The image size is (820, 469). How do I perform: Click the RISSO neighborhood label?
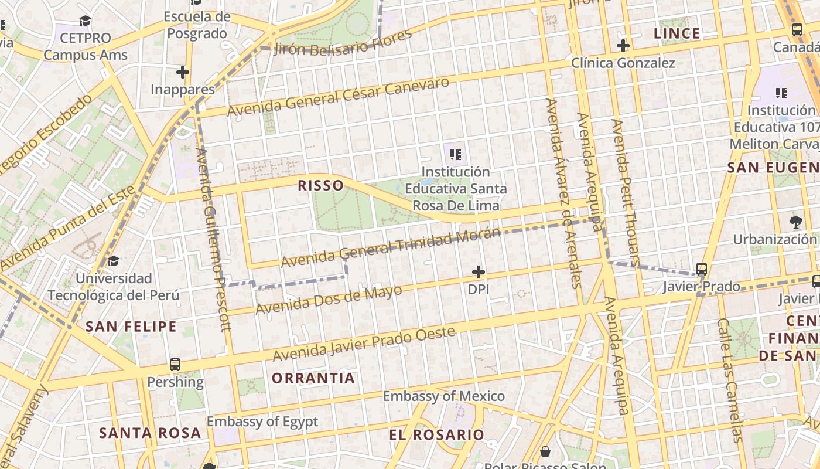click(320, 186)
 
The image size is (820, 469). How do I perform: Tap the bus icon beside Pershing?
click(175, 365)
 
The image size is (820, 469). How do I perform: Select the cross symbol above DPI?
click(479, 272)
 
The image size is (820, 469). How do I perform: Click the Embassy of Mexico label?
click(443, 396)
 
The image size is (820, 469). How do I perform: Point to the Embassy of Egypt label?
click(262, 422)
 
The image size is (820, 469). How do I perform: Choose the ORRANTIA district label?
click(313, 378)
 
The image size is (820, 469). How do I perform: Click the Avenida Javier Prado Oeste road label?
click(364, 344)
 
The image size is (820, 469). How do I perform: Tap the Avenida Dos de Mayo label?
click(329, 300)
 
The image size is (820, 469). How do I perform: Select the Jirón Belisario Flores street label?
click(343, 42)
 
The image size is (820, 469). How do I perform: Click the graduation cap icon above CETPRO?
click(86, 21)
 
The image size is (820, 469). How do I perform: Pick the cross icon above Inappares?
click(183, 72)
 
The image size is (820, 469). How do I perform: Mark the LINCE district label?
click(676, 34)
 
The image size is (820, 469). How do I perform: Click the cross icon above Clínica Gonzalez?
click(623, 46)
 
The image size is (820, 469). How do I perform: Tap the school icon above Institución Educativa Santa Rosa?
click(456, 155)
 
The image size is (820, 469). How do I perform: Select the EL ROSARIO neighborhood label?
click(436, 435)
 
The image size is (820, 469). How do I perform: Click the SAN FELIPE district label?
click(131, 327)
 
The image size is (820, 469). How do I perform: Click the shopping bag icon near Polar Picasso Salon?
click(545, 451)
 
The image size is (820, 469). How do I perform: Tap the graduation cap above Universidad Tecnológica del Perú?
click(113, 261)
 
